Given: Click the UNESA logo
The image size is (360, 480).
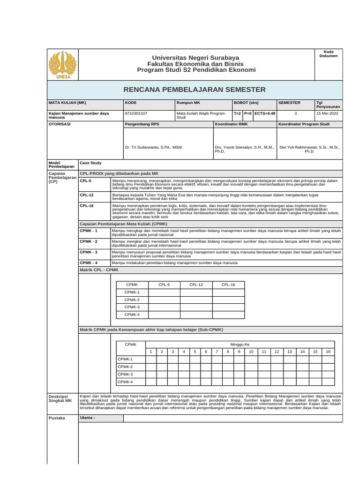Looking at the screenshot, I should (62, 65).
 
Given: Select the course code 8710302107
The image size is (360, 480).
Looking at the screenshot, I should (136, 113).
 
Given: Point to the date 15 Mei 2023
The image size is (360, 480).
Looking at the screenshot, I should (327, 113).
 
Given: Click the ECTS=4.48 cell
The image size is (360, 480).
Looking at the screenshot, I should (265, 113).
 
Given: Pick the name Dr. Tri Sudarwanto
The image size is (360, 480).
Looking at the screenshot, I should (154, 147).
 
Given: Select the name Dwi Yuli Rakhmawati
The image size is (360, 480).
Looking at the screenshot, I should (309, 147).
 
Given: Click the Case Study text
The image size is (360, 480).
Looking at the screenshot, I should (91, 163).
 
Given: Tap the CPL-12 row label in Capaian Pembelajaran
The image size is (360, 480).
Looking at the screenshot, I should (87, 195).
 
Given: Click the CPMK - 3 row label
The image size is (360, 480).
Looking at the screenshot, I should (89, 252).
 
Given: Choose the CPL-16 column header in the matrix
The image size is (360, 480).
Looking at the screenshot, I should (228, 285).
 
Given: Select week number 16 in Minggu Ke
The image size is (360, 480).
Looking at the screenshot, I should (328, 352).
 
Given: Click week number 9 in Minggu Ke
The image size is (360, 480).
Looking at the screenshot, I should (239, 352).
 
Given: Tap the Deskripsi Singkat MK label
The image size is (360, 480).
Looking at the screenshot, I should (60, 398).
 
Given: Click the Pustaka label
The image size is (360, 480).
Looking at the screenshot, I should (57, 418).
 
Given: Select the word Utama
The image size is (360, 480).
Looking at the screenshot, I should (87, 418).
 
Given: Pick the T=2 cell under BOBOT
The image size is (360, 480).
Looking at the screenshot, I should (237, 113).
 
